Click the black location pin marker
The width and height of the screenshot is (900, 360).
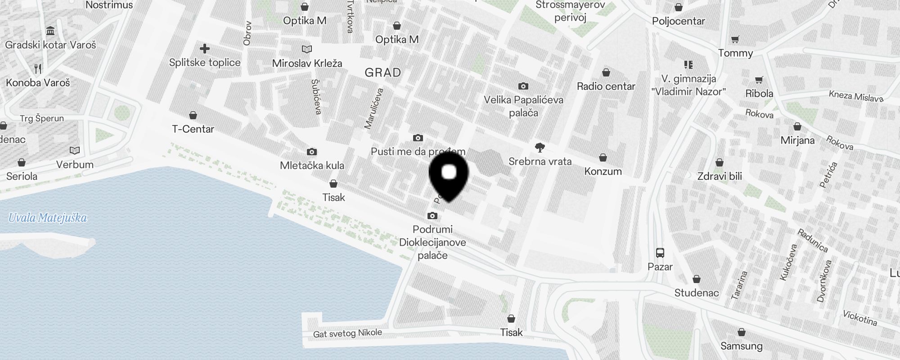tap(449, 175)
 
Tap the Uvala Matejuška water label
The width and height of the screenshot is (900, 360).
tap(48, 218)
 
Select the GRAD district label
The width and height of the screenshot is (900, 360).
tap(382, 73)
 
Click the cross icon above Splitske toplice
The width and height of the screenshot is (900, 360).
tap(205, 49)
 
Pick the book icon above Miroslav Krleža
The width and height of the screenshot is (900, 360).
tap(307, 49)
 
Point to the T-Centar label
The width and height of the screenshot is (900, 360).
tap(193, 129)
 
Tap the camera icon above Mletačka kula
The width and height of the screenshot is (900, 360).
tap(311, 152)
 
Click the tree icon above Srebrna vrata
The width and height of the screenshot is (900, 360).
tap(540, 148)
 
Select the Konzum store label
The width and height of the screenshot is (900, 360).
tap(603, 171)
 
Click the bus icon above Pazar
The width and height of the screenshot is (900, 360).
tap(660, 253)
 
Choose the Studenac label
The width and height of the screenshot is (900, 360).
tap(696, 293)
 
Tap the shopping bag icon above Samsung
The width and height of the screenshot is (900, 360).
tap(741, 333)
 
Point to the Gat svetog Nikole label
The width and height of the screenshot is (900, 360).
tap(347, 333)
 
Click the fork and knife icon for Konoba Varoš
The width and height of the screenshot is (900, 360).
tap(38, 69)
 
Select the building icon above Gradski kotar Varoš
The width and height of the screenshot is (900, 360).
tap(50, 31)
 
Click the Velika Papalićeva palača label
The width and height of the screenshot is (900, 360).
tap(523, 106)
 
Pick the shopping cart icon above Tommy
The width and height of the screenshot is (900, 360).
tap(735, 40)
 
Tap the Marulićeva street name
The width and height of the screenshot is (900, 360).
tap(374, 109)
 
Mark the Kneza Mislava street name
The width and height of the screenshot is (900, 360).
tap(856, 96)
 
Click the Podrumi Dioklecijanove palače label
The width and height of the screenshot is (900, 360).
tap(432, 242)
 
